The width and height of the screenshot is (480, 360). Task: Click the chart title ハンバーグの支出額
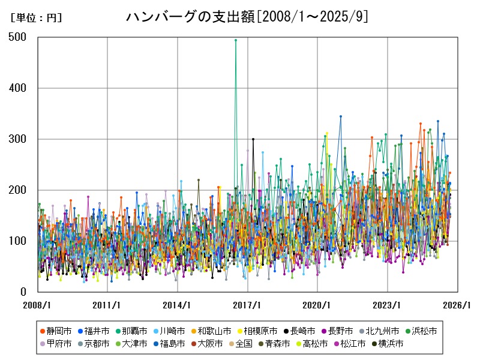click(247, 17)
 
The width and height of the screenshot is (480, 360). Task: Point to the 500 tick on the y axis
click(18, 37)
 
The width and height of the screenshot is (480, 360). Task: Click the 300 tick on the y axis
click(18, 139)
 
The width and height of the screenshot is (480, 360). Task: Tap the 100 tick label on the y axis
click(18, 241)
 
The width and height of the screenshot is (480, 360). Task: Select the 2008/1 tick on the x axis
click(37, 305)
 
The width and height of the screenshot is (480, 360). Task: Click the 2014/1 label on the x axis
click(178, 305)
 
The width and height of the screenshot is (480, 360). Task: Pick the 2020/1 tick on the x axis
click(317, 305)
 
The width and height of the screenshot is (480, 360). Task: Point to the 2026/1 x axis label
click(458, 305)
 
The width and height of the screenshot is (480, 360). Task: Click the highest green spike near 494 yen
click(236, 40)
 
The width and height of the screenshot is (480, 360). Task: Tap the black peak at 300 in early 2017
click(253, 139)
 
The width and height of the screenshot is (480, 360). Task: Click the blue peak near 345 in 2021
click(341, 116)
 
